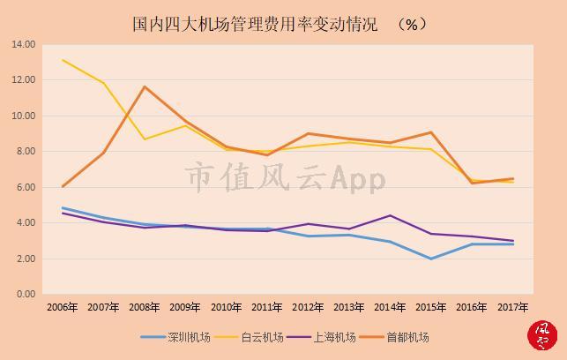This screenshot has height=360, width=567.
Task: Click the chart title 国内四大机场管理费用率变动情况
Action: click(x=255, y=24)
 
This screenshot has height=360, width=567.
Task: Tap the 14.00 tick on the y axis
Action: click(x=24, y=44)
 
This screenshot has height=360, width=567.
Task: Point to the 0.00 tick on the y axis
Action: click(x=26, y=294)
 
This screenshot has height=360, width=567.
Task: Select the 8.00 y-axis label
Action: click(x=26, y=151)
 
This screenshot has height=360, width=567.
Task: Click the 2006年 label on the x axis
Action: click(x=63, y=307)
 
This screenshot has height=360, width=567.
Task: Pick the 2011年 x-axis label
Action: click(x=267, y=307)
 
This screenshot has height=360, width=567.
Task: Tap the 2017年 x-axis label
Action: click(x=512, y=307)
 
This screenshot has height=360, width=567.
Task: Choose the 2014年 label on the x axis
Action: click(x=390, y=307)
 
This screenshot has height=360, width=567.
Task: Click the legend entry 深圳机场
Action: click(x=175, y=337)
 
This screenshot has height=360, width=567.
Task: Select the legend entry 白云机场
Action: click(x=249, y=337)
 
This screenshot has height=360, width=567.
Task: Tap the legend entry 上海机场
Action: click(x=322, y=337)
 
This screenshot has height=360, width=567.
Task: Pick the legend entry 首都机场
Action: click(x=394, y=337)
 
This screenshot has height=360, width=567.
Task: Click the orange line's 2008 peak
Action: click(x=145, y=86)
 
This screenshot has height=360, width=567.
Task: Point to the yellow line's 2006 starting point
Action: click(x=63, y=60)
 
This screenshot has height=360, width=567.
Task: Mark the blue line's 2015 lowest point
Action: click(x=430, y=259)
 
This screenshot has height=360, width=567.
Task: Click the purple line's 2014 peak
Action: click(x=390, y=215)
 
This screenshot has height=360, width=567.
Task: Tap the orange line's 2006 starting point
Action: click(x=63, y=187)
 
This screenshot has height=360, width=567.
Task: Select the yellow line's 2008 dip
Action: click(x=145, y=139)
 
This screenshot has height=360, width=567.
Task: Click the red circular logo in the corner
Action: click(x=542, y=335)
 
